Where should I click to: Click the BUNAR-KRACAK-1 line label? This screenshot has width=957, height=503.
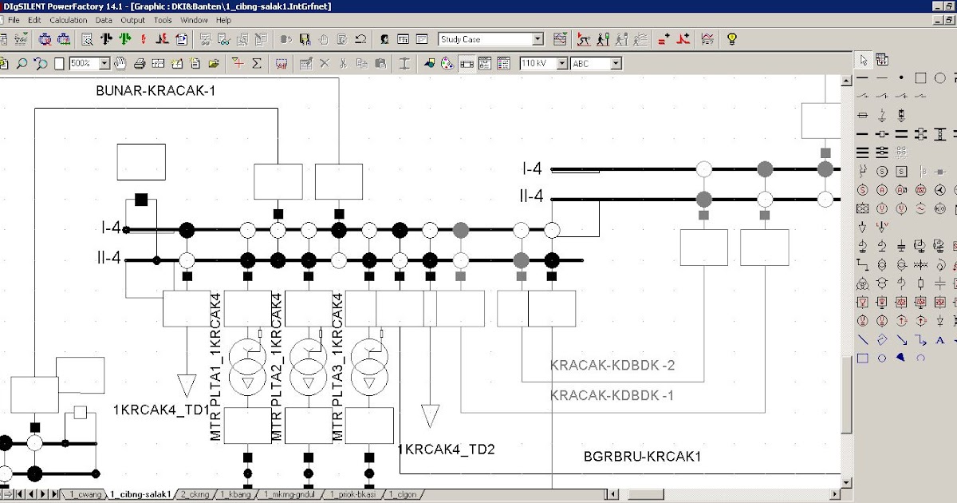point(156,91)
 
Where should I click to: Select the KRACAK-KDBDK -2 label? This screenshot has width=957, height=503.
point(612,366)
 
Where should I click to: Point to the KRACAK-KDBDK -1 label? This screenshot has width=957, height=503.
point(612,395)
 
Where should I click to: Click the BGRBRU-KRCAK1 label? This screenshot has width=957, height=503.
point(642,457)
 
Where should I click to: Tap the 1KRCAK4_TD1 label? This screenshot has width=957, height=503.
point(161,410)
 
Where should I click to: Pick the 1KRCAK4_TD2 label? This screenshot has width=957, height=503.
point(447,450)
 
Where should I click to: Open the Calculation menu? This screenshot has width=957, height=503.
point(68,20)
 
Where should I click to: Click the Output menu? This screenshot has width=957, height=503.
point(132,20)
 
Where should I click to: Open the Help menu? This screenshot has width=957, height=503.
point(223,20)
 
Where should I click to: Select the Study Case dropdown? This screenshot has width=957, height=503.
point(490,39)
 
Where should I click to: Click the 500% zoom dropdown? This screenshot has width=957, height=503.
point(90,63)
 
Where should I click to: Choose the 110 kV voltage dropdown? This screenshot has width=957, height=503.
point(543,63)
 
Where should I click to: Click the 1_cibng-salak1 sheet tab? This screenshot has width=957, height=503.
point(140,495)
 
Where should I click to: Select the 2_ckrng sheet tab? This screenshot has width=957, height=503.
point(195,495)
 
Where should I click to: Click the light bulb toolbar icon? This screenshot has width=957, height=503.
point(731,39)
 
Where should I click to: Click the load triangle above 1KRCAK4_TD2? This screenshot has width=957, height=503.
point(430,416)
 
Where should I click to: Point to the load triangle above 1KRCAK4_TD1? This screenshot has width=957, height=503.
point(187,385)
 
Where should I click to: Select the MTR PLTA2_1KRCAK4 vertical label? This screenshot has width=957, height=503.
point(277,367)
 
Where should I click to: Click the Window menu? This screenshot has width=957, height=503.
point(194,20)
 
